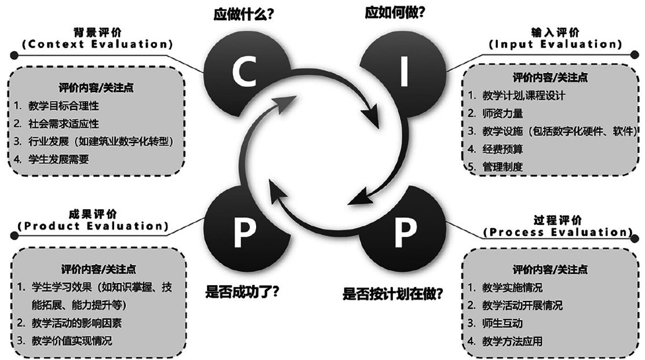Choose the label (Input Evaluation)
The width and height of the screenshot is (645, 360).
(555, 44)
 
